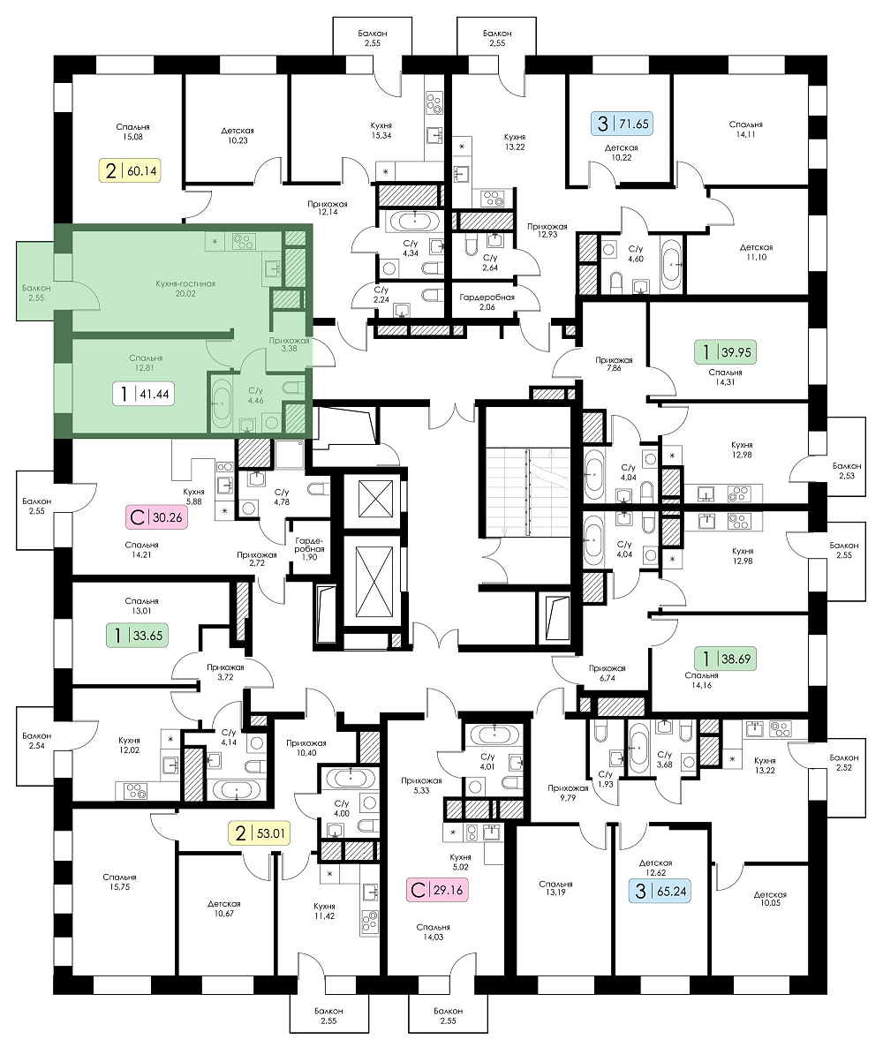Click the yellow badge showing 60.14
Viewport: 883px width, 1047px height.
coord(131,170)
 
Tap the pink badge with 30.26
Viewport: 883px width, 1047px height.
coord(155,516)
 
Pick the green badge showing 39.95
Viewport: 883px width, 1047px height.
coord(725,351)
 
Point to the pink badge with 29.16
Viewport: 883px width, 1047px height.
coord(437,890)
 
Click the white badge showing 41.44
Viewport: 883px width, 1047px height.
coord(143,394)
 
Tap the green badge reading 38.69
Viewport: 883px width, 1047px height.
coord(725,659)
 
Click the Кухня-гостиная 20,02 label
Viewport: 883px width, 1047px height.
coord(185,289)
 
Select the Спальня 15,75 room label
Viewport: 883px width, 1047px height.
coord(119,882)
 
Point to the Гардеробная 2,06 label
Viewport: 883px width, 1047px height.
coord(487,302)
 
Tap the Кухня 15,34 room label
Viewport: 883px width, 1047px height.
coord(381,130)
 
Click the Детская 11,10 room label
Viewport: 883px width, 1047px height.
coord(756,252)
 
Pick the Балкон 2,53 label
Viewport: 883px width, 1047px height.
coord(846,471)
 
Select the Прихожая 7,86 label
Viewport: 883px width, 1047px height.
coord(614,363)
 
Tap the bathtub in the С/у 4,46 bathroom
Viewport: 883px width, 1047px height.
coord(221,403)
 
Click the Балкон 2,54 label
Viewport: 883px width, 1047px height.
coord(36,741)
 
